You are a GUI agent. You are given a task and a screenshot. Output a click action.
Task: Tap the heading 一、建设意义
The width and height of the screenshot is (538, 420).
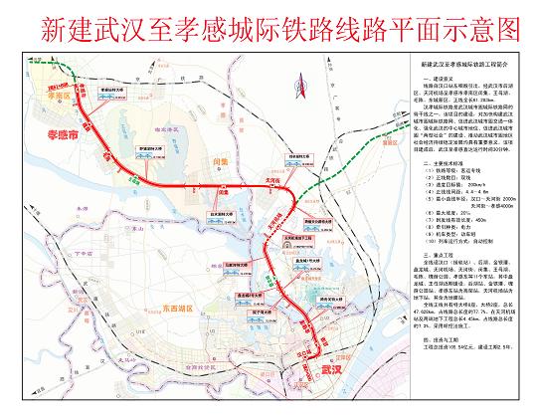tap(439, 78)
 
